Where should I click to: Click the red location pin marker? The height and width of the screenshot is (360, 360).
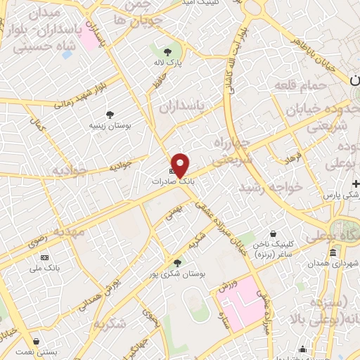point(181,165)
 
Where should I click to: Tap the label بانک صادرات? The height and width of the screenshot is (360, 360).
point(172,181)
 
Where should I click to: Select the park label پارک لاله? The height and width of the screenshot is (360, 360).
point(167,63)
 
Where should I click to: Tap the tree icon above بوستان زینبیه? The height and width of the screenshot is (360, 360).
point(109,114)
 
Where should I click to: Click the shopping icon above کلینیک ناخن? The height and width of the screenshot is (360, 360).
point(273,234)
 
